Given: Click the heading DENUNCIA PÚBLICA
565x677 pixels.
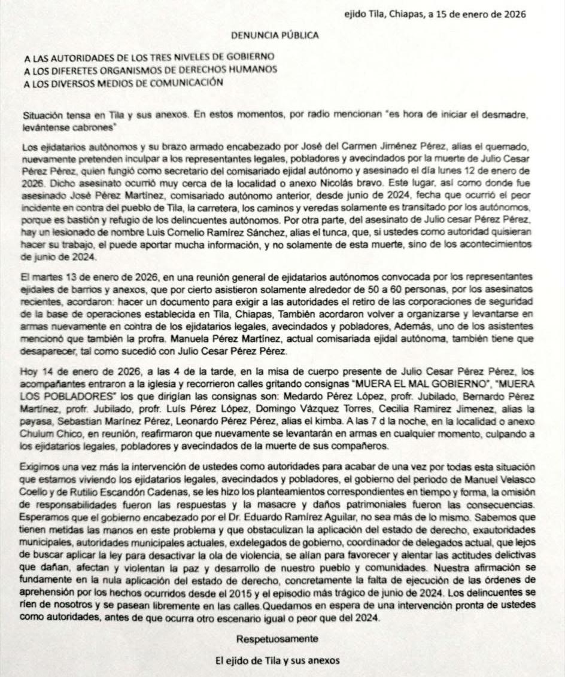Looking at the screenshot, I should coord(275,35).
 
